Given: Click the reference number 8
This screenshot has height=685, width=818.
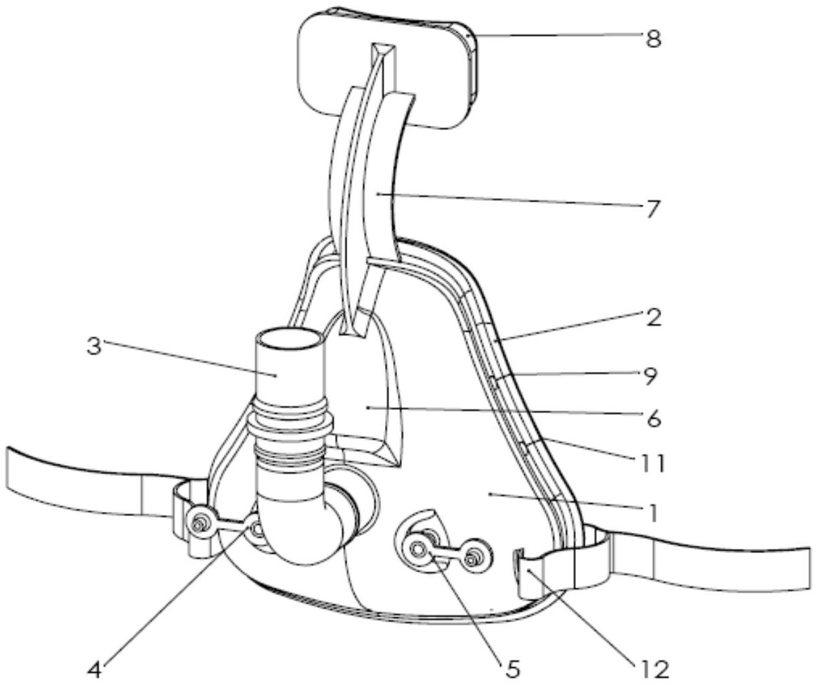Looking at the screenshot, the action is point(653,39).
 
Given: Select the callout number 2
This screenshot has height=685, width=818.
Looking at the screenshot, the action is point(653,318).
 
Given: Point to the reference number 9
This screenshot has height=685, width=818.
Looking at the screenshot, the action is point(650,375).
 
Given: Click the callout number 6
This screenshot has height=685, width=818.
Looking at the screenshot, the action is point(653,419).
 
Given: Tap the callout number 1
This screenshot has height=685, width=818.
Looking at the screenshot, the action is point(652,513).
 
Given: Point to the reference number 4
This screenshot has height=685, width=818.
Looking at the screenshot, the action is point(94,670).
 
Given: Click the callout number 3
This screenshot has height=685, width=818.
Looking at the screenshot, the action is point(93,346).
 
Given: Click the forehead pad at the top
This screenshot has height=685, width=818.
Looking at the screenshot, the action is point(386,68).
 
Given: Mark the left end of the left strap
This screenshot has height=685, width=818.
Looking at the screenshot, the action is point(8,469).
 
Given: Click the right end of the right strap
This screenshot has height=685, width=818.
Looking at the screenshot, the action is point(809,569).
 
